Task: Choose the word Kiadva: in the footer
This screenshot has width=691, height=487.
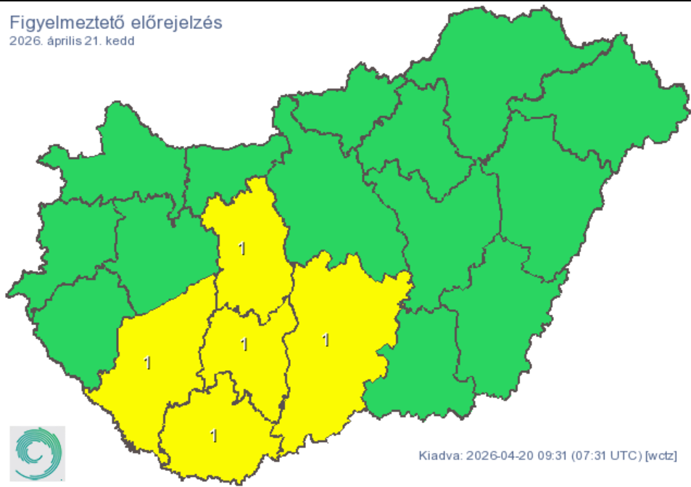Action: click(x=439, y=456)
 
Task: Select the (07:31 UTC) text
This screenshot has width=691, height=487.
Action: click(x=605, y=456)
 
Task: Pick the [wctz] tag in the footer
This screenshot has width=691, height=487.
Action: click(x=661, y=456)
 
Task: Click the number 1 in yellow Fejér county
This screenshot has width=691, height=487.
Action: click(x=242, y=249)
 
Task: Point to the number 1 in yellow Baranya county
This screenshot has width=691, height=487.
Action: click(x=213, y=435)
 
